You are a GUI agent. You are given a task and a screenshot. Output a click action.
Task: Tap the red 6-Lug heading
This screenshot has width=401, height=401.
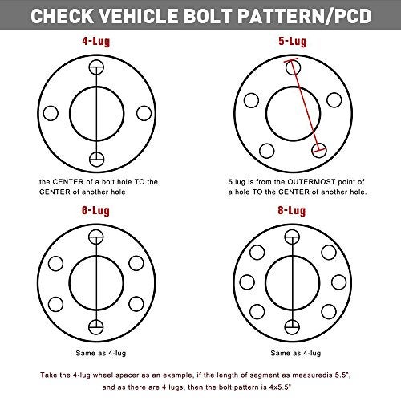97,211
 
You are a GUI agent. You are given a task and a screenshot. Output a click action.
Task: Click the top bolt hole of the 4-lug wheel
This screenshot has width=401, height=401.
97,65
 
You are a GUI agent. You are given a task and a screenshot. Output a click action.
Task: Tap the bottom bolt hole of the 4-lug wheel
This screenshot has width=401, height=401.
97,157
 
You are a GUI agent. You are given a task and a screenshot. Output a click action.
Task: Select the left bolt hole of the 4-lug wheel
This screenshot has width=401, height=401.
51,111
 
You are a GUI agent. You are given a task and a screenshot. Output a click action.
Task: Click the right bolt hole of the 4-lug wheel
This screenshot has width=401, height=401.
144,111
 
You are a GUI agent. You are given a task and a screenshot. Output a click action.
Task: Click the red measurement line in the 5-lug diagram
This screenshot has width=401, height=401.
306,108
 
